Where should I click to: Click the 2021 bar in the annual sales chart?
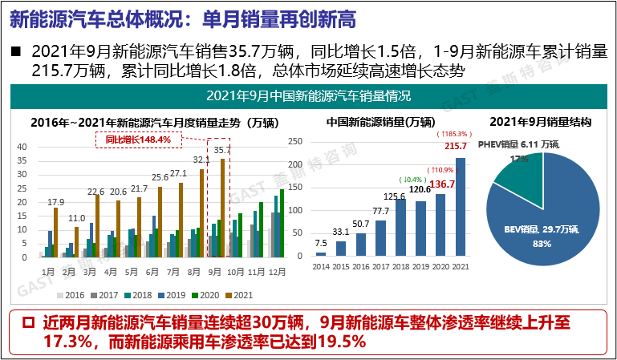(x=460, y=207)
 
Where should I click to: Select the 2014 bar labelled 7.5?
(x=321, y=254)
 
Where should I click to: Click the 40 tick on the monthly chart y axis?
(x=22, y=147)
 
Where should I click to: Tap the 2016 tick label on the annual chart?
(x=360, y=266)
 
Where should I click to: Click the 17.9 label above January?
(x=55, y=201)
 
